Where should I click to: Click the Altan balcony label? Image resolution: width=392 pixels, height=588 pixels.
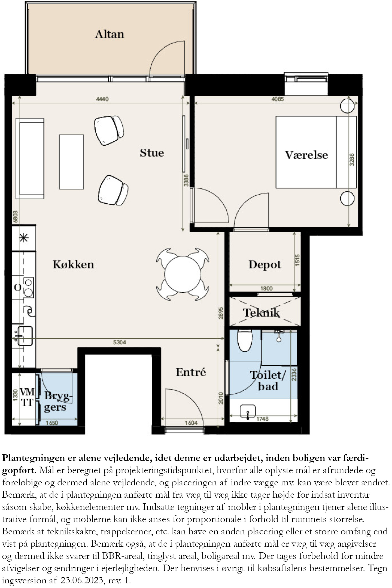coord(110,34)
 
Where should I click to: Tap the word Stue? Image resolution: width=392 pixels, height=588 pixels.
coord(152,153)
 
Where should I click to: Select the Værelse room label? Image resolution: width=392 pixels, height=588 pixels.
coord(306,155)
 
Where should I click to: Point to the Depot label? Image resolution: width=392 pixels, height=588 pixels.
coord(265,265)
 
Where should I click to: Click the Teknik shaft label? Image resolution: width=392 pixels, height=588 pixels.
coord(261,313)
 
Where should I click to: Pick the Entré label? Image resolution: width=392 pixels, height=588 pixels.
coord(191,372)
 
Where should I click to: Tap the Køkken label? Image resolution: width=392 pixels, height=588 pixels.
coord(73,264)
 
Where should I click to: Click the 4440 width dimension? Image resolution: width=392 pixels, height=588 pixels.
coord(102,99)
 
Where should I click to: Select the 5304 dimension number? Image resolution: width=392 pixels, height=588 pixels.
coord(120,342)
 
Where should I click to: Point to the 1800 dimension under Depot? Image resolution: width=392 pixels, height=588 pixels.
coord(266,289)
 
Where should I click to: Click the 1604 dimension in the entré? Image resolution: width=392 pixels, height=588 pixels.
coord(191,423)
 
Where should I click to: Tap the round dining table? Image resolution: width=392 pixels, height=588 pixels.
coord(183,274)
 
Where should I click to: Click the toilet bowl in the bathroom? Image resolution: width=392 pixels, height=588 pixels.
coord(245,341)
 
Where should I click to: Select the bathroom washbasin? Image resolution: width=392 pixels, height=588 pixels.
coord(248,411)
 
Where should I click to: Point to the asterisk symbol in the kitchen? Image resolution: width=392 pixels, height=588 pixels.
coord(24,238)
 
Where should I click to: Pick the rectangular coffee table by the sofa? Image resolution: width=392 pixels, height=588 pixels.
coord(71,162)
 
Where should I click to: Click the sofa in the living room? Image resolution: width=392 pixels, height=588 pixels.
coord(30,158)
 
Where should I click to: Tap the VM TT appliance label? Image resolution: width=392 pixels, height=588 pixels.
coord(27,397)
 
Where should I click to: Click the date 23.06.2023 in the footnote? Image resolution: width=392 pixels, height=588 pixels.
coord(82,581)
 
